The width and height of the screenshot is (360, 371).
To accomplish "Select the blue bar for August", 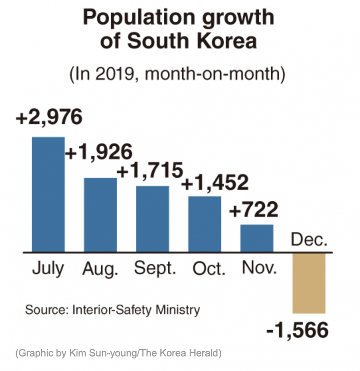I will (x=100, y=215).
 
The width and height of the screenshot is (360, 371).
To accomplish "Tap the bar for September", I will (x=152, y=219).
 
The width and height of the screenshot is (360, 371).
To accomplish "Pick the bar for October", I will (x=204, y=224).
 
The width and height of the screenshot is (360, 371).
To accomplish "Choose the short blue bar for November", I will (x=257, y=238).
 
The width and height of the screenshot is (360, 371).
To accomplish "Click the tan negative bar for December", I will (x=309, y=283).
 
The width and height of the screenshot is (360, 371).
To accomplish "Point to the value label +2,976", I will (x=49, y=118).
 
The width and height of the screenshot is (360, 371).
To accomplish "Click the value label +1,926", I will (x=99, y=152).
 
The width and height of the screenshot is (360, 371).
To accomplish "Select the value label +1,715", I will (x=150, y=170).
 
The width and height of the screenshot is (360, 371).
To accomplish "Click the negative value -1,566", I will (x=298, y=330).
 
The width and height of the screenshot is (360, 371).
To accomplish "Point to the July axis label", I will (x=48, y=268).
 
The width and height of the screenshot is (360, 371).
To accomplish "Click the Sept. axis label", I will (x=155, y=268).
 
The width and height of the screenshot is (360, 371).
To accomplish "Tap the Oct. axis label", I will (x=209, y=268).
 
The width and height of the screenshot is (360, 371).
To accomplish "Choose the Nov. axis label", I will (x=259, y=268).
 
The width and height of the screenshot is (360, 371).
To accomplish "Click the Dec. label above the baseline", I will (x=309, y=240).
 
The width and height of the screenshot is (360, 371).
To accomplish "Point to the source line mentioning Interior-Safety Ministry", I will (x=112, y=310).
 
